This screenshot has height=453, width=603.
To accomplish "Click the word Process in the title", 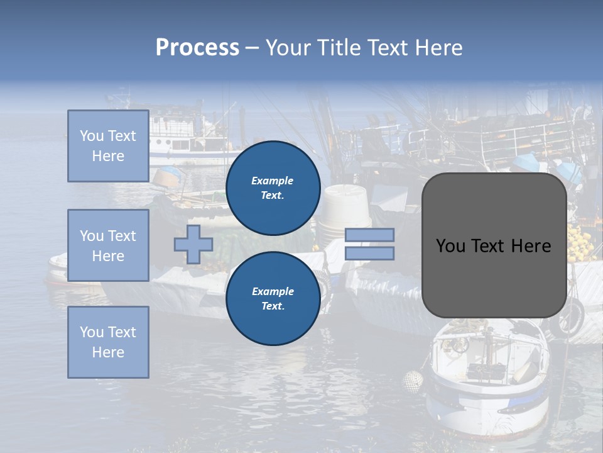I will click(197, 48).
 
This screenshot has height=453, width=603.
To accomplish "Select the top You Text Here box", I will click(108, 146).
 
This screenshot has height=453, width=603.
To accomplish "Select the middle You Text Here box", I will click(108, 245).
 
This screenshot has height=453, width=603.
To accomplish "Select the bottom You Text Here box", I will click(108, 342).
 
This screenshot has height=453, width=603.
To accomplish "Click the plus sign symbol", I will click(193, 244).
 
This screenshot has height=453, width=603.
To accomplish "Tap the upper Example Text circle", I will click(273, 188).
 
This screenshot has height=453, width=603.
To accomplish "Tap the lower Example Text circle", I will click(273, 298).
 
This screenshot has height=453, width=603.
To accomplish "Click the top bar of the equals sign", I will click(369, 235).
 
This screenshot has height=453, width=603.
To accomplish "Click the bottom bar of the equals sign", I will click(369, 253).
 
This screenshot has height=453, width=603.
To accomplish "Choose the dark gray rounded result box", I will click(494, 283).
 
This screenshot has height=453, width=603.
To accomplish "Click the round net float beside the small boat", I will click(412, 380).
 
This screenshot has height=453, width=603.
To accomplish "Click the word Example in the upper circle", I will click(272, 181).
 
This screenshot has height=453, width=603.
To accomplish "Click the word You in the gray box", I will click(450, 246).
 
